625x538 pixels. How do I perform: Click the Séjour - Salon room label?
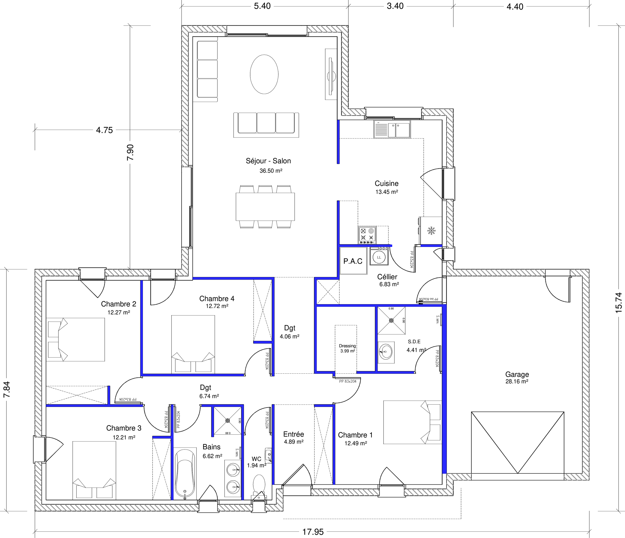(268, 161)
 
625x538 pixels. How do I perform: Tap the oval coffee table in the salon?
(264, 74)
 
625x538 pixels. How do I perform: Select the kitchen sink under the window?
(392, 129)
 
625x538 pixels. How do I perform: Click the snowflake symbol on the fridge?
(431, 231)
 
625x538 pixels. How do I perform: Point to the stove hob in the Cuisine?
(367, 235)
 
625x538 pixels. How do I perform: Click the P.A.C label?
(353, 261)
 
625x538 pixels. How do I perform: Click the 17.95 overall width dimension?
(313, 532)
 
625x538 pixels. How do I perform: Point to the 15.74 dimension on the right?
(618, 302)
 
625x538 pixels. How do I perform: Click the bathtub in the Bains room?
(185, 474)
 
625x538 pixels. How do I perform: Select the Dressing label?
(347, 346)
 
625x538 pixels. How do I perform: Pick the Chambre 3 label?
(124, 428)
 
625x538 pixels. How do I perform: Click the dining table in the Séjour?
(265, 207)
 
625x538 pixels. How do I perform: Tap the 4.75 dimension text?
(104, 130)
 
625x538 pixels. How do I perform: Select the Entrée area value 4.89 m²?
(293, 442)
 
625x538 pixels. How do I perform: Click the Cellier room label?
(387, 277)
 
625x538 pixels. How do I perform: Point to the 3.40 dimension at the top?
(395, 6)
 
